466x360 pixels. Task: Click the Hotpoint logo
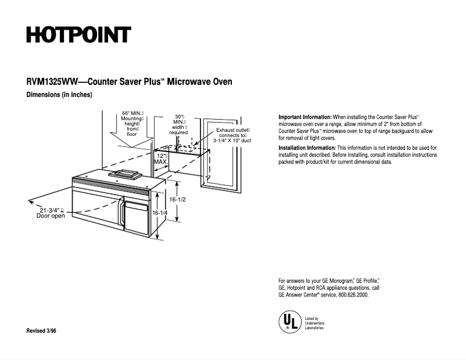[78, 35]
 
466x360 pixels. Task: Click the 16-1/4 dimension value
[160, 213]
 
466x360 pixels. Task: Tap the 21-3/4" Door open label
[51, 213]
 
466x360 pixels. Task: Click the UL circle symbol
[289, 321]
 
